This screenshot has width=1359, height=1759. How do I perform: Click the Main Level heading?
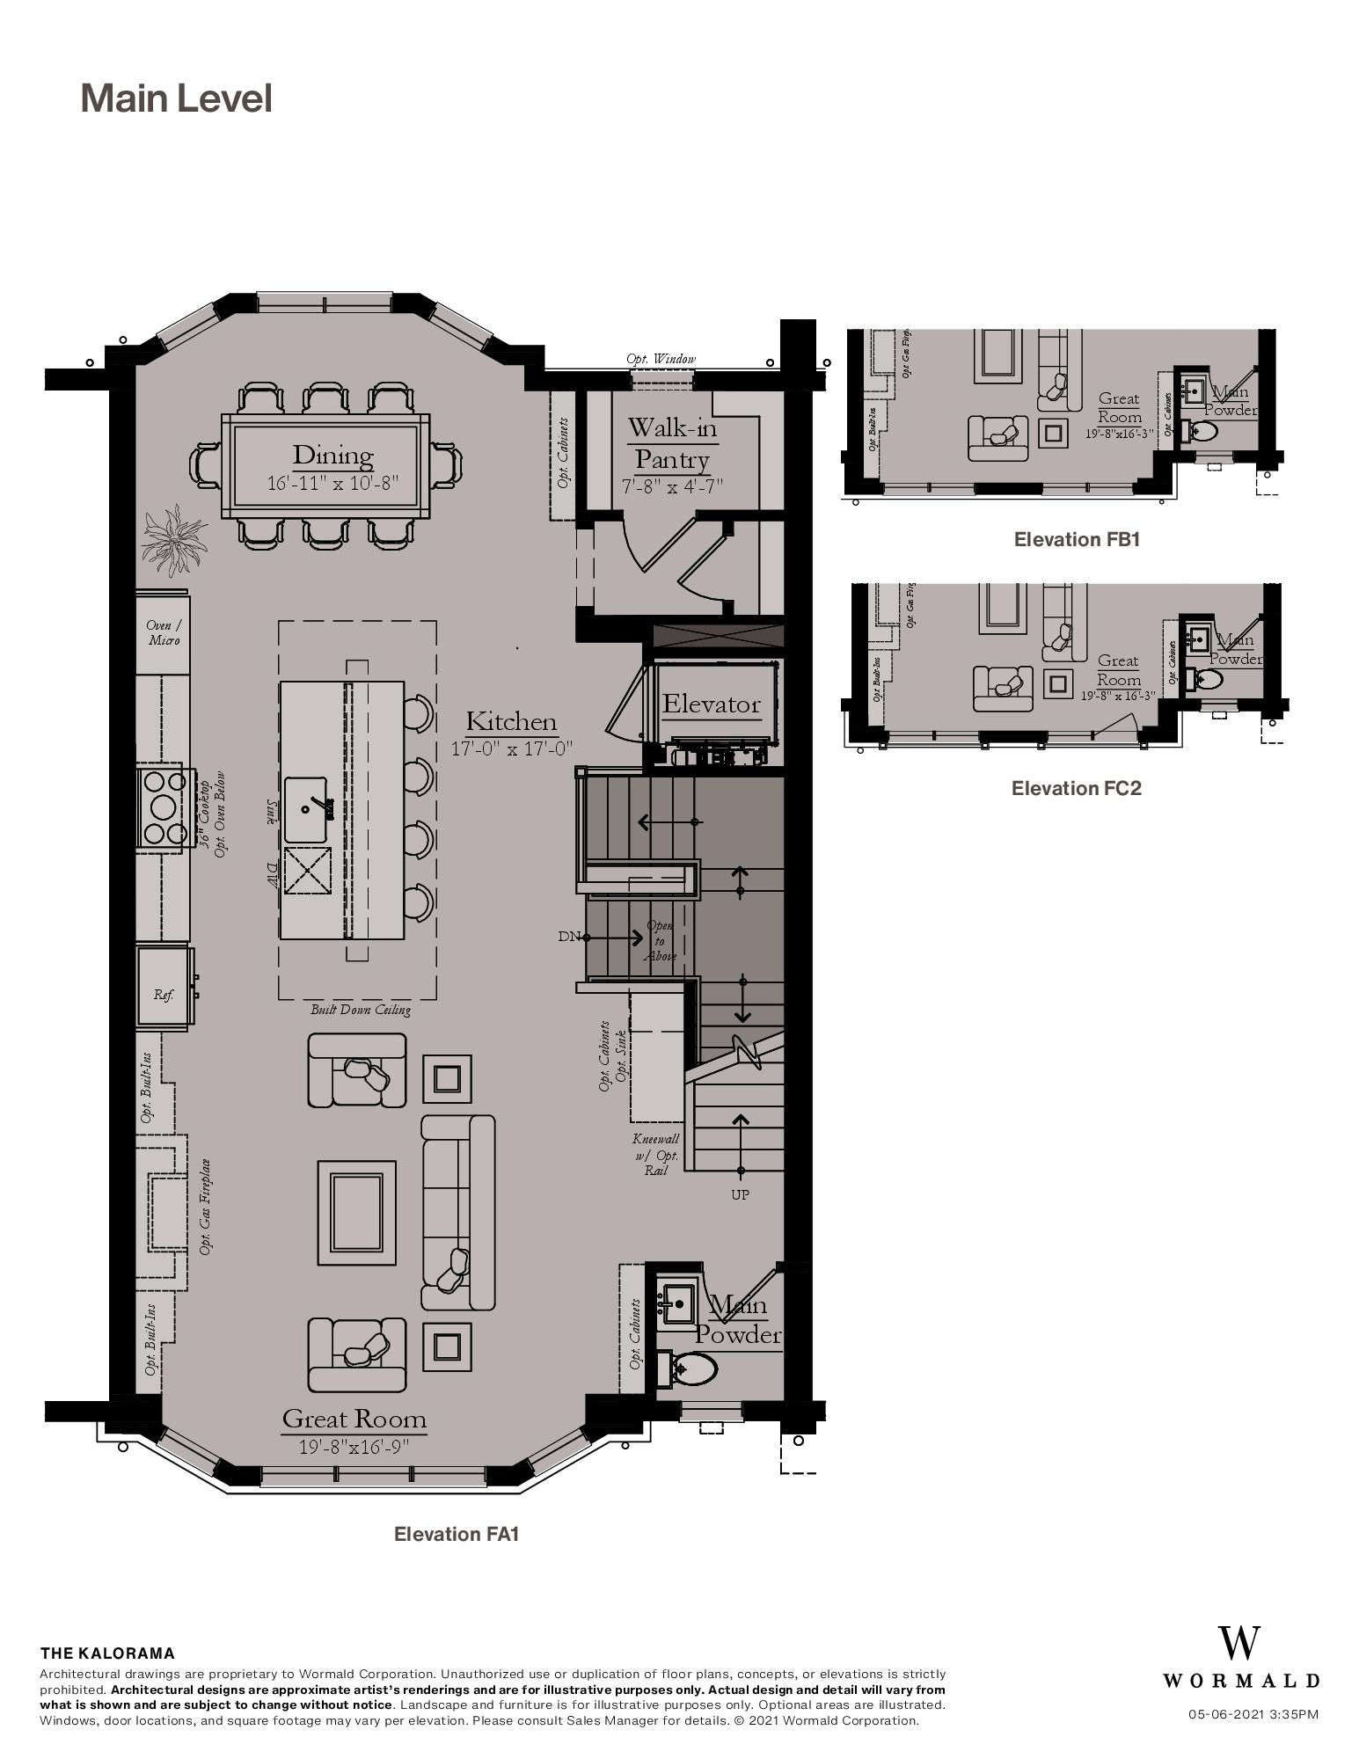point(176,98)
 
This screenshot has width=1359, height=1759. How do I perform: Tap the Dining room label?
point(332,456)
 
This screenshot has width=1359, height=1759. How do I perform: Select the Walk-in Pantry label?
point(672,443)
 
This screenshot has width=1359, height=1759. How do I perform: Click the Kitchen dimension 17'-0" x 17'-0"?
point(512,748)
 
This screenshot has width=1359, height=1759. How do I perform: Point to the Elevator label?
point(711,704)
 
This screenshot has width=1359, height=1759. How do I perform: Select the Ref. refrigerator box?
point(164,995)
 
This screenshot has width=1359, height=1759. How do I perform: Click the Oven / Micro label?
point(164,632)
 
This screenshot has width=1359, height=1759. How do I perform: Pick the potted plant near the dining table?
point(172,538)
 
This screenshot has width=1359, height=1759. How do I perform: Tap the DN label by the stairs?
point(568,936)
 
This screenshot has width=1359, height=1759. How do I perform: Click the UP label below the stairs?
point(740,1194)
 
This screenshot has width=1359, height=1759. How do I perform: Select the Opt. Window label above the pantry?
point(661,359)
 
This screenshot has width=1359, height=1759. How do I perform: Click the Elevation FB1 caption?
point(1076,539)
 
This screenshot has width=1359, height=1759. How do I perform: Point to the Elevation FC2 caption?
point(1076,788)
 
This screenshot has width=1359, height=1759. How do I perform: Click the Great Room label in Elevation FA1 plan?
point(354,1419)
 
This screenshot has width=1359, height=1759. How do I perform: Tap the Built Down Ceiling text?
point(360,1010)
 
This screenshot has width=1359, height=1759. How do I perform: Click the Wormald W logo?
point(1238,1643)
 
